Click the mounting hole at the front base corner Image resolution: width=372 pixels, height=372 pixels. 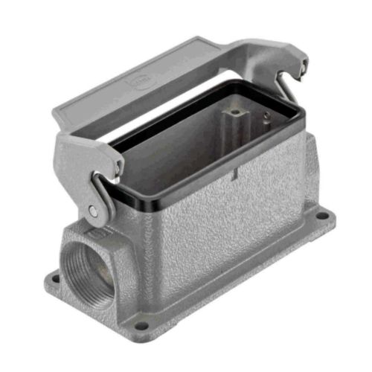click(x=141, y=325)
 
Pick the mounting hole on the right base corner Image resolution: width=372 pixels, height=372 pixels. click(x=321, y=217)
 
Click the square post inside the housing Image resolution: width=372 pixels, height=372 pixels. click(x=237, y=112)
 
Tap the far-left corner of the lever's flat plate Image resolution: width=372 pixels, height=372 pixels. click(x=57, y=119)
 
